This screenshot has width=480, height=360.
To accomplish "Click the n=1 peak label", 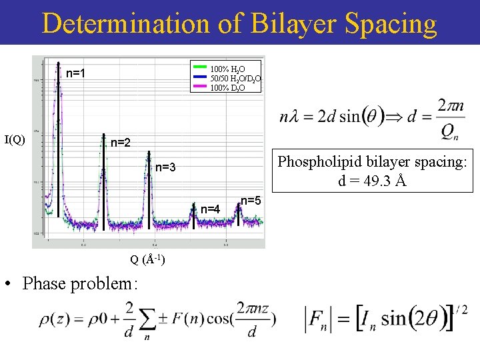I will click(75, 73).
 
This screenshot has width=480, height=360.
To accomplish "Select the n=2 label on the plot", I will click(120, 142).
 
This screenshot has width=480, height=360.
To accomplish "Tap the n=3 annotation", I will click(165, 167).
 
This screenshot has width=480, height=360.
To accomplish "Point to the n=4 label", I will click(211, 209).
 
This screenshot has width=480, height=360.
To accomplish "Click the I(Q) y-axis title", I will click(15, 139).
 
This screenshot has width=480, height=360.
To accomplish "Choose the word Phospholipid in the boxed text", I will click(319, 162).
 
